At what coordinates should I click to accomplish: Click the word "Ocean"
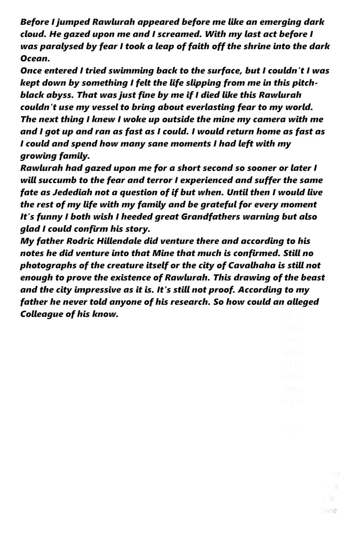pyautogui.click(x=35, y=58)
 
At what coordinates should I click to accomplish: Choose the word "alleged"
pyautogui.click(x=303, y=302)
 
